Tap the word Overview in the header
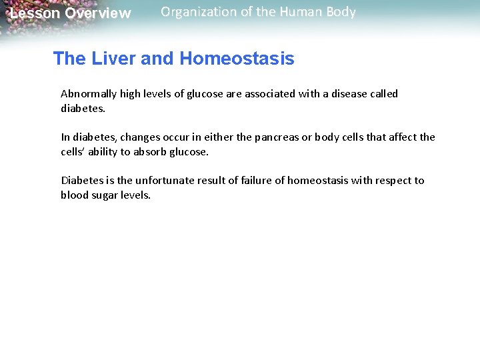[98, 13]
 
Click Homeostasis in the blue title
[237, 59]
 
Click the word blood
[74, 195]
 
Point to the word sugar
[105, 195]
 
